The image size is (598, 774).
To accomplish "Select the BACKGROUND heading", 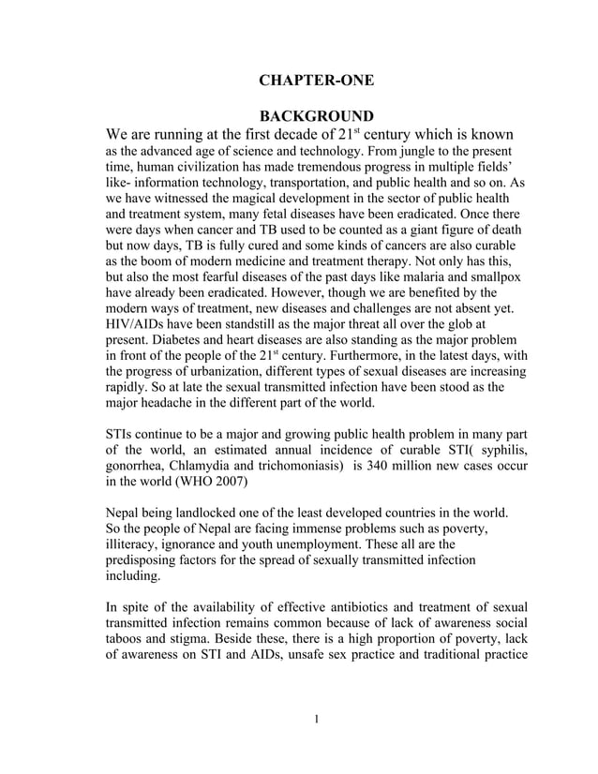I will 316,116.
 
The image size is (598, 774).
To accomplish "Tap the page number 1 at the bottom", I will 317,719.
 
